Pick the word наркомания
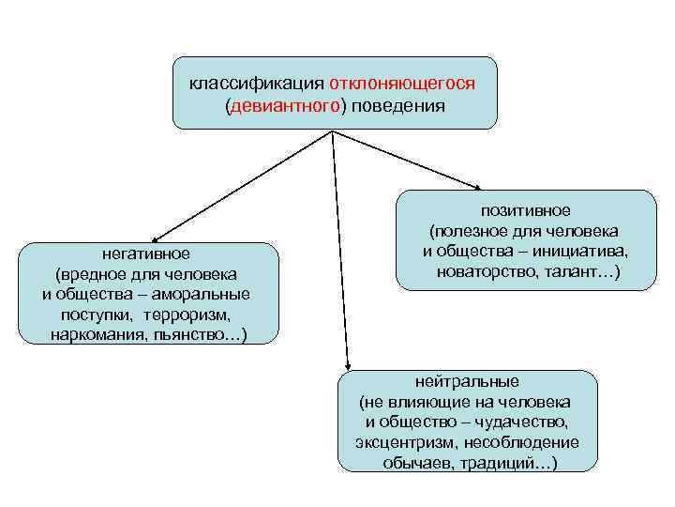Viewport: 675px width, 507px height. pyautogui.click(x=95, y=335)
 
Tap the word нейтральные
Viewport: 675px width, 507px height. pyautogui.click(x=467, y=381)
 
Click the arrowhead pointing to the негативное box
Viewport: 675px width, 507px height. pyautogui.click(x=155, y=239)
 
